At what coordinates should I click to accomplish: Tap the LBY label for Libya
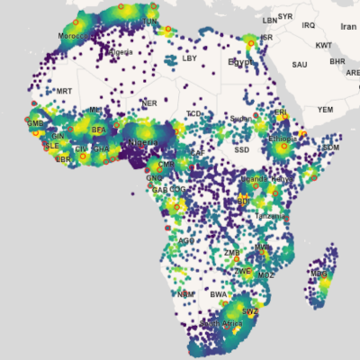point(189,58)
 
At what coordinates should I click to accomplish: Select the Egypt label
point(240,63)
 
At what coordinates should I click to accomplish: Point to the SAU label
point(300,65)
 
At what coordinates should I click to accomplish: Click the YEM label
point(325,109)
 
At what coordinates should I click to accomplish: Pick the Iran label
point(348,27)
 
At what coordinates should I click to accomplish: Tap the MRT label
point(64,91)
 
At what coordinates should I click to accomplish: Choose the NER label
point(149,103)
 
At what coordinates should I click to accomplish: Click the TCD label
point(193,113)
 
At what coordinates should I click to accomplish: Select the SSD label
point(241,149)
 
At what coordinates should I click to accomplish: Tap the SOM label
point(331,147)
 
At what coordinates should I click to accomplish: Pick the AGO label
point(186,241)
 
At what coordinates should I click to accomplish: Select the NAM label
point(184,294)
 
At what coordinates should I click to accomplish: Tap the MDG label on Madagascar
point(318,273)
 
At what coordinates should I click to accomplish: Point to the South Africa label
point(221,322)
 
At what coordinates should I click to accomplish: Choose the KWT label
point(324,44)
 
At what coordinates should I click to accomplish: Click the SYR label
point(285,16)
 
